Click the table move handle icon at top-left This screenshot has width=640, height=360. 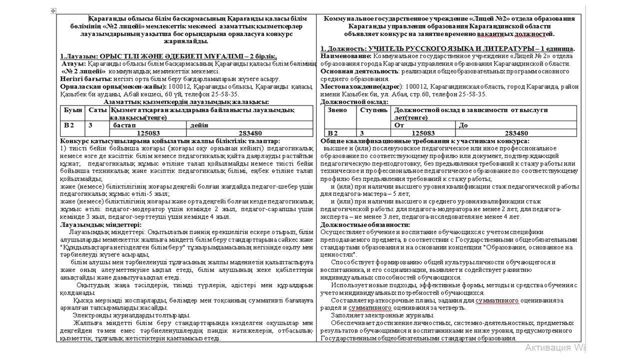coord(53,11)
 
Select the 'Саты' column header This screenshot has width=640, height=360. coord(95,109)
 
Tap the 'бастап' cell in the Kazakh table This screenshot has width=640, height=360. coord(123,125)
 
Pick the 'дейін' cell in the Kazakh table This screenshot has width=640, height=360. coord(199,125)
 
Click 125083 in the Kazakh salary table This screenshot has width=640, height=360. coord(148,133)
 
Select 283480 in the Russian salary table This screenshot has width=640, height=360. coord(516,133)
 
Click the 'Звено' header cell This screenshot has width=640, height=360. coord(337,109)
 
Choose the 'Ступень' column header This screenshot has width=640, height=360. coord(373,109)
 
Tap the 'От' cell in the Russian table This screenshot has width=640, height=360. coord(399,125)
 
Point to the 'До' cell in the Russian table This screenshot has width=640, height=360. coord(463,125)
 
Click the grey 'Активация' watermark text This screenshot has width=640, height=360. coord(549,347)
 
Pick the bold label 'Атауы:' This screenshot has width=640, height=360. coord(73,63)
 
